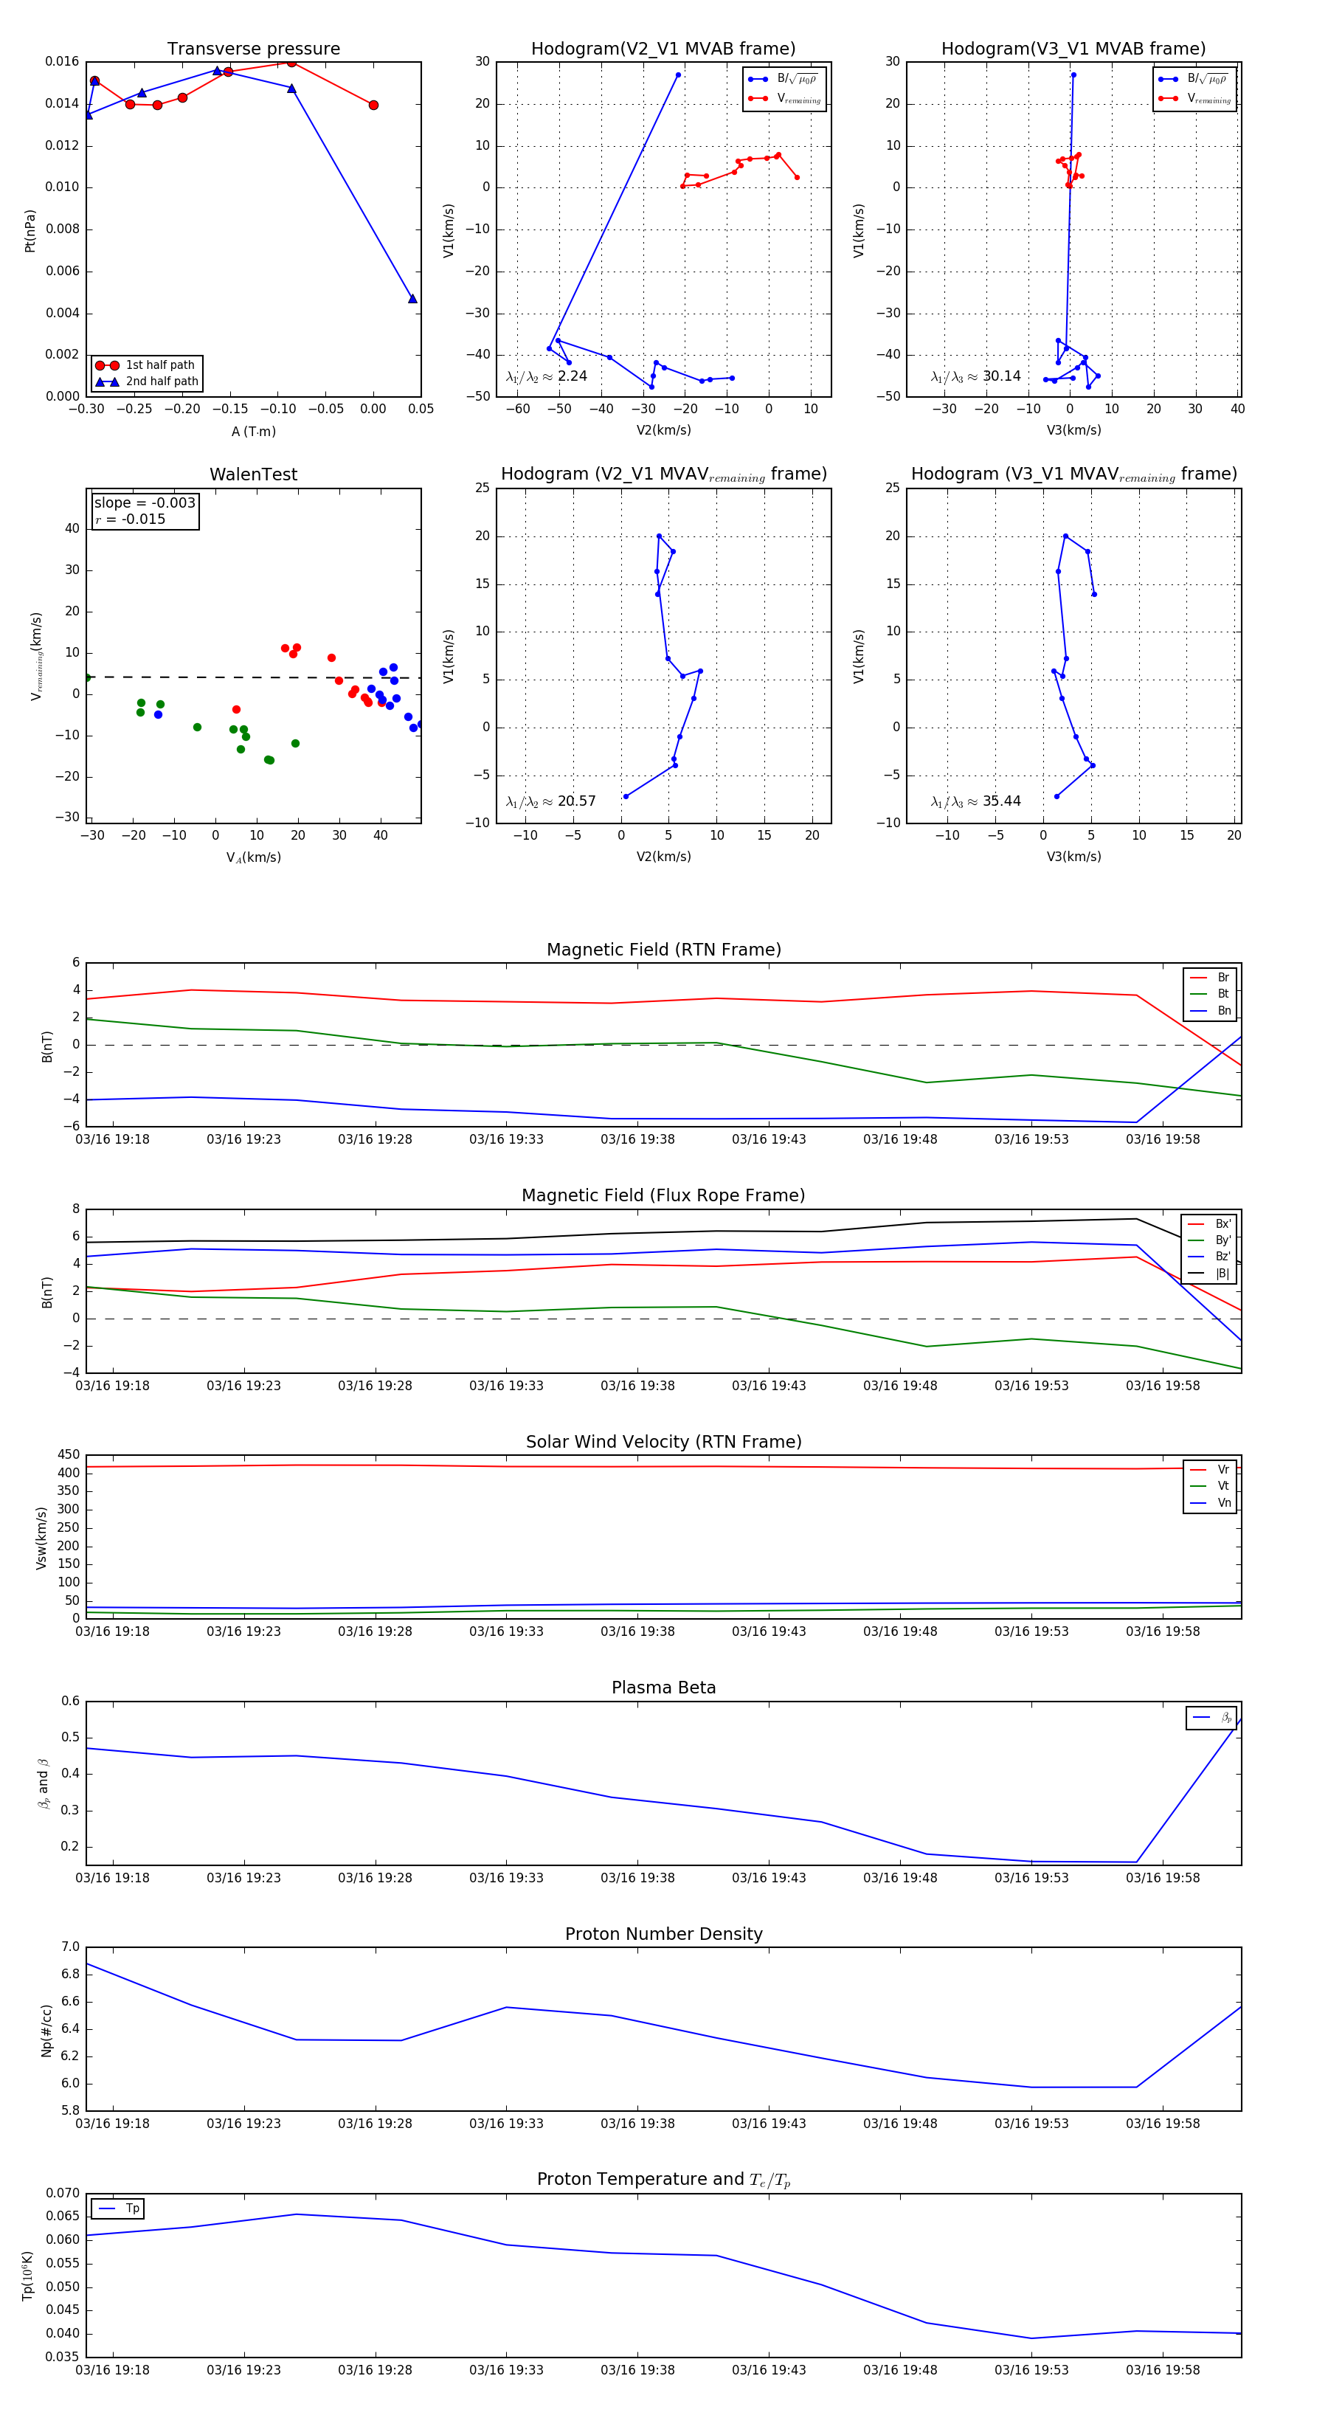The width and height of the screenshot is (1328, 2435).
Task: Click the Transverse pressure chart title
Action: pyautogui.click(x=253, y=49)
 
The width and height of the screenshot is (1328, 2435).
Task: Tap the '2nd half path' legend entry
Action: pyautogui.click(x=162, y=382)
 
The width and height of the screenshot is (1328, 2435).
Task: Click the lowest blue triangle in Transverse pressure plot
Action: pyautogui.click(x=412, y=299)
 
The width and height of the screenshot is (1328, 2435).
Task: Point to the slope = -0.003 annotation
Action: pyautogui.click(x=145, y=503)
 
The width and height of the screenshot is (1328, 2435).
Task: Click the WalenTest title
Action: pyautogui.click(x=253, y=474)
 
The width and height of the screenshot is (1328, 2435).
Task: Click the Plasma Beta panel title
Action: pyautogui.click(x=663, y=1688)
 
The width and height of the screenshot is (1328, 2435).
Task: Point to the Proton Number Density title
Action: pyautogui.click(x=663, y=1934)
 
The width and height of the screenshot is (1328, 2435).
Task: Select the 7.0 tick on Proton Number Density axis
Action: pyautogui.click(x=70, y=1947)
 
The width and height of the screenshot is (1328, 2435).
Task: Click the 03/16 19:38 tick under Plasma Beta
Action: pyautogui.click(x=638, y=1877)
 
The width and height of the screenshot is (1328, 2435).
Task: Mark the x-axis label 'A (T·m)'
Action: pyautogui.click(x=253, y=432)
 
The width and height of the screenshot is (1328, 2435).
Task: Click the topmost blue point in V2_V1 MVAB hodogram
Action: pyautogui.click(x=678, y=75)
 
